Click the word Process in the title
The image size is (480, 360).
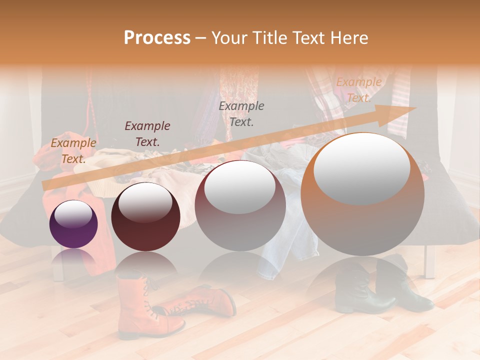tap(157, 37)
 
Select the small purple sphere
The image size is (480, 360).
tap(73, 230)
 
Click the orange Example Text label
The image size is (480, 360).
tap(73, 150)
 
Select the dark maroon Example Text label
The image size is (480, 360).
tap(147, 133)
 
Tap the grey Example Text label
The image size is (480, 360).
tap(241, 113)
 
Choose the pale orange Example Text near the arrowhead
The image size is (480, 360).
tap(358, 90)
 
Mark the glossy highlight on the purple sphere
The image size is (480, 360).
tap(73, 214)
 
